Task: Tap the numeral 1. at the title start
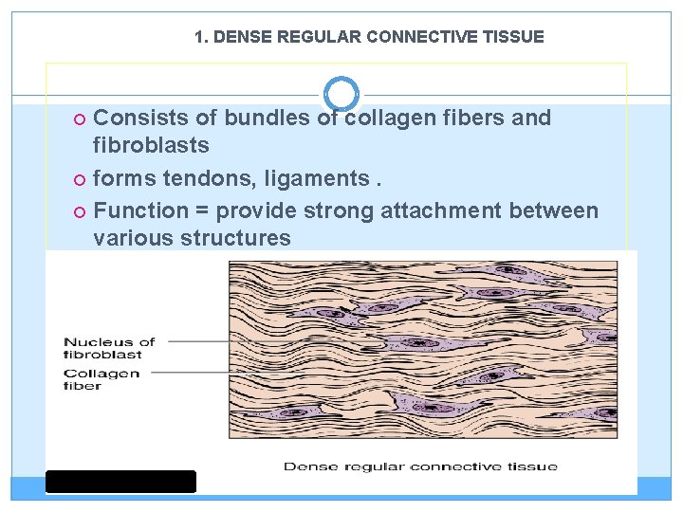tap(201, 37)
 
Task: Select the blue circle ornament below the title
tap(341, 94)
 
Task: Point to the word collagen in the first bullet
tap(388, 119)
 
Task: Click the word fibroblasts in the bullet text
tap(151, 145)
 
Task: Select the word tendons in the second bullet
tap(210, 178)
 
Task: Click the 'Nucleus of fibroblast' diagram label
tap(109, 348)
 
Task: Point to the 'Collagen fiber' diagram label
tap(102, 379)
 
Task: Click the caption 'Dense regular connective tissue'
tap(421, 466)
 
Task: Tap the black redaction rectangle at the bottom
tap(120, 482)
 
